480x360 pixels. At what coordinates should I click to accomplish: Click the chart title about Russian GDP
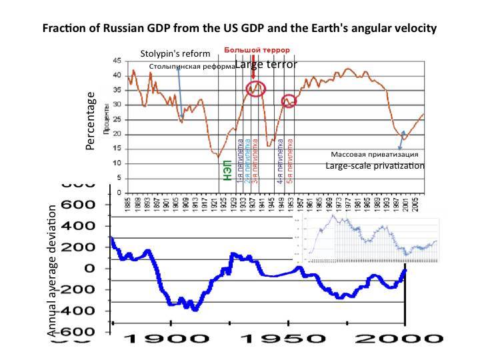coord(240,29)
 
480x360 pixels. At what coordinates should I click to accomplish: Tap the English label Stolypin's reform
coord(175,53)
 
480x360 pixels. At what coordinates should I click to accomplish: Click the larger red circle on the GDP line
coord(255,88)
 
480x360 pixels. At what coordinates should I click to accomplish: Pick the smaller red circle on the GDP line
coord(289,101)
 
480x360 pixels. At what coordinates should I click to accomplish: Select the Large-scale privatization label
coord(375,165)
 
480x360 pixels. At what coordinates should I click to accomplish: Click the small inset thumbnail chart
coord(371,239)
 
